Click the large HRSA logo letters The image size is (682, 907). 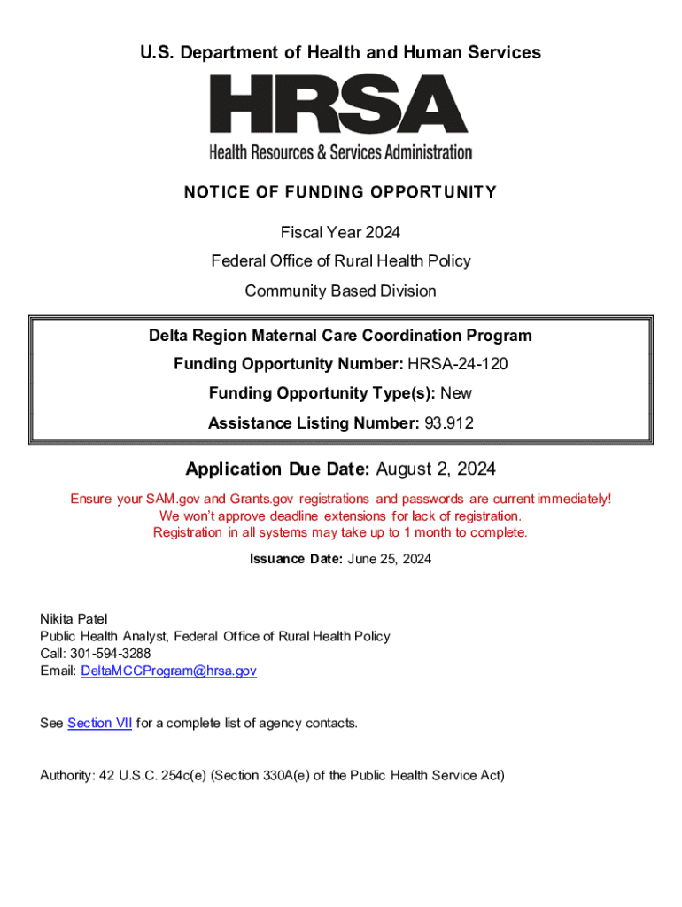340,104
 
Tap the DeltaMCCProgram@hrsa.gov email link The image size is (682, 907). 168,671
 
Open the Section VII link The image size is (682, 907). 99,723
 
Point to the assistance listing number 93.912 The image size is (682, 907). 448,423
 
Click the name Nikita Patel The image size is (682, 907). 74,619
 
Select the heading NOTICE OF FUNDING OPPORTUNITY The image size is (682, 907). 340,192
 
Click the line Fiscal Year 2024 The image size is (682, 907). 340,232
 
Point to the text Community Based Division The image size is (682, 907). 340,291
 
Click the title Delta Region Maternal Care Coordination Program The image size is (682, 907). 340,336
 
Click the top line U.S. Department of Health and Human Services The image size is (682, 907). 340,53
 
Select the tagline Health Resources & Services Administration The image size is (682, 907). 340,152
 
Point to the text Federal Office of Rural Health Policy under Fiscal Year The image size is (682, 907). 340,261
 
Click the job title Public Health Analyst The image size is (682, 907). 104,636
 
